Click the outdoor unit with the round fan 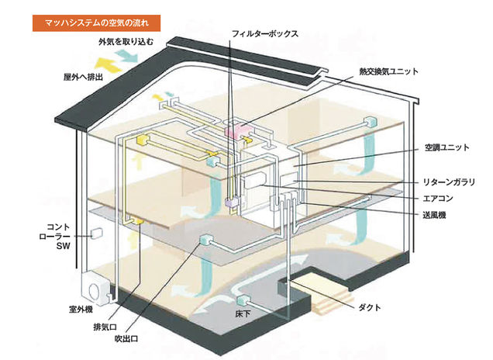pos(96,289)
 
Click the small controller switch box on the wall pos(96,233)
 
